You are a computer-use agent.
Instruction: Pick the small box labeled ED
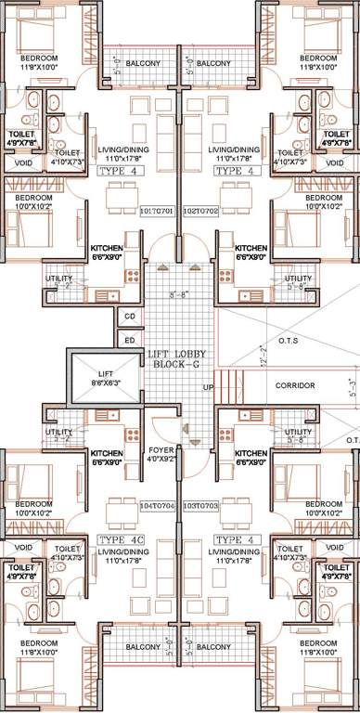(x=129, y=341)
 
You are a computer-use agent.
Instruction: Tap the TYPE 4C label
(x=119, y=538)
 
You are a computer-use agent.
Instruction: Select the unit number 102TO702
(x=199, y=210)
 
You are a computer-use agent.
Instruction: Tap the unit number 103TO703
(x=199, y=505)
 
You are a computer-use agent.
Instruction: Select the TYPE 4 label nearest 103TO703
(x=229, y=538)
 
